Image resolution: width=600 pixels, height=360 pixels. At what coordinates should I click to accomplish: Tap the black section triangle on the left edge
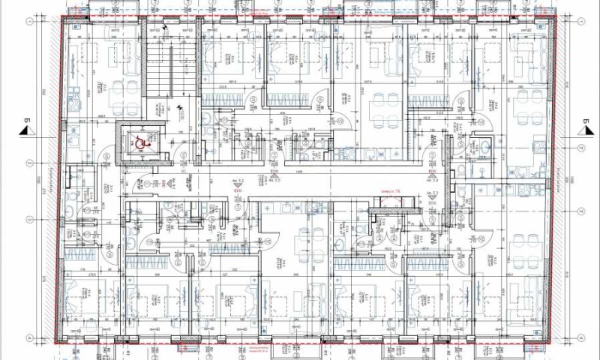[25, 130]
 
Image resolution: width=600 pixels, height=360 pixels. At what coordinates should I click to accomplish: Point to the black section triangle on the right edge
[580, 130]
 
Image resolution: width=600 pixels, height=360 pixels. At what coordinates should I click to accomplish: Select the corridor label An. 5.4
[433, 180]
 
